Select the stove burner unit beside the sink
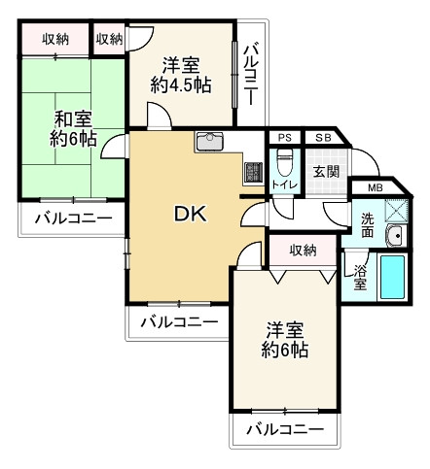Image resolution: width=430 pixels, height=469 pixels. coord(253,171)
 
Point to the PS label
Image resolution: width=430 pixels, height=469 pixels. coord(285,137)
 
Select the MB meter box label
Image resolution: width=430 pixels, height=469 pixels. coord(375,185)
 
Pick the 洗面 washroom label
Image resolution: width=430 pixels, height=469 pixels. coord(368,224)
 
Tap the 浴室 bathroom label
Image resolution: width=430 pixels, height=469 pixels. coord(359,277)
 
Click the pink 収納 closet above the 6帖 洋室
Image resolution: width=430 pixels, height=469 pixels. coord(303,251)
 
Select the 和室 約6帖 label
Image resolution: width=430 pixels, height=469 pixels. coord(74,129)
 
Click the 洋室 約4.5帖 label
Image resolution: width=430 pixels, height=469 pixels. coord(181,76)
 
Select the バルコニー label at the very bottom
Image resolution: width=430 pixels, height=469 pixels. coord(284,428)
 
